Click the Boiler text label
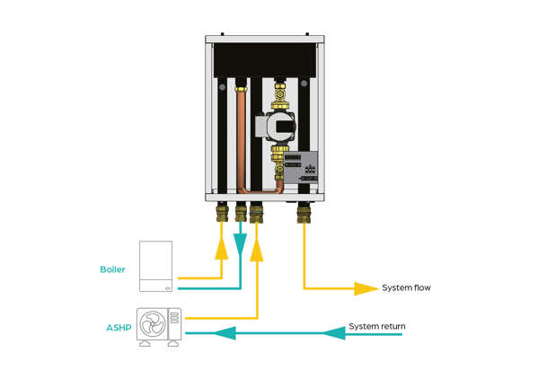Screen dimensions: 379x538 pyautogui.click(x=112, y=269)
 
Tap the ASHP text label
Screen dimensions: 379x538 pyautogui.click(x=119, y=328)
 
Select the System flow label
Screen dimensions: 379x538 pyautogui.click(x=407, y=288)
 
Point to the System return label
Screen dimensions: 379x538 pyautogui.click(x=376, y=326)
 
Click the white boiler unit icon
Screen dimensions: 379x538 pyautogui.click(x=160, y=266)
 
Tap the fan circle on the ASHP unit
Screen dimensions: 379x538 pyautogui.click(x=154, y=327)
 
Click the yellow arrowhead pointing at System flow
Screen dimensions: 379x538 pyautogui.click(x=366, y=288)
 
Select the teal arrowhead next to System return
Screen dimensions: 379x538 pyautogui.click(x=334, y=333)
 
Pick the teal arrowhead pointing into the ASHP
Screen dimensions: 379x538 pyautogui.click(x=198, y=333)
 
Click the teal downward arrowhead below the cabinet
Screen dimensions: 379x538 pyautogui.click(x=240, y=243)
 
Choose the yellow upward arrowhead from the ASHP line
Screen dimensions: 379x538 pyautogui.click(x=257, y=249)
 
